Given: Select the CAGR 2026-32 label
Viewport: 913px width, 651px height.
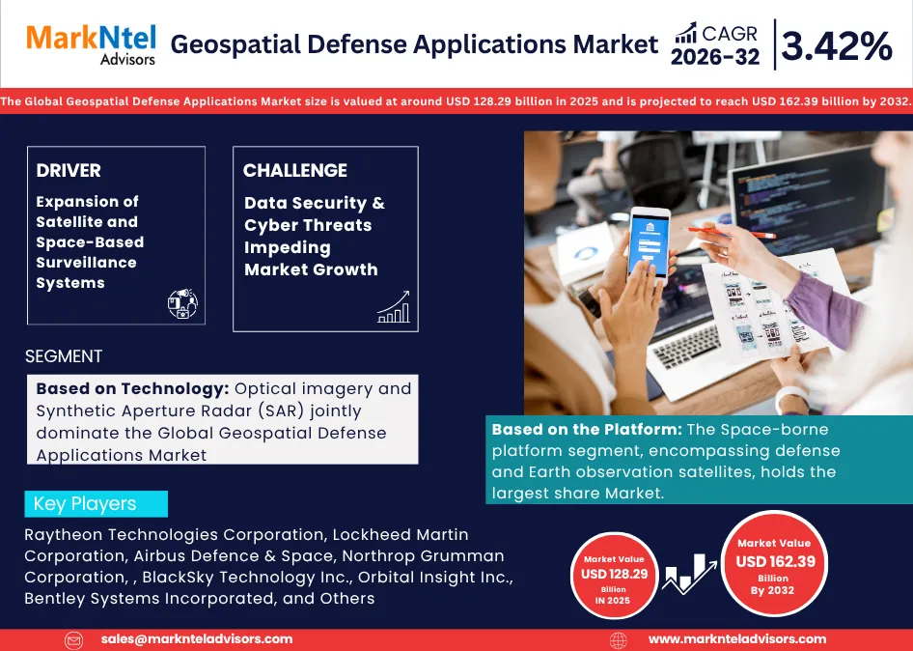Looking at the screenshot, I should click(715, 45).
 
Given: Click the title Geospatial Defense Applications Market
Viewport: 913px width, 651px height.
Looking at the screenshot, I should click(414, 44).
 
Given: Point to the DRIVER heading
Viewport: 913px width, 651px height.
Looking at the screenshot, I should click(69, 171).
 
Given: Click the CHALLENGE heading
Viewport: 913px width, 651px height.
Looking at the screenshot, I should click(295, 171).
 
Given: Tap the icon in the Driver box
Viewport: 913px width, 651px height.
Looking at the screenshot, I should click(182, 303).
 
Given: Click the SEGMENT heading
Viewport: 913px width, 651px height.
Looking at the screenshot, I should click(64, 356).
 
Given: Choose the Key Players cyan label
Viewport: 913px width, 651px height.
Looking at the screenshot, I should click(96, 504).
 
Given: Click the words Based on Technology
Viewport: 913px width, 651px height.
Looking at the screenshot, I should click(131, 388).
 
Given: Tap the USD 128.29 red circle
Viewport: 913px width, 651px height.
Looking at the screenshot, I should click(614, 574).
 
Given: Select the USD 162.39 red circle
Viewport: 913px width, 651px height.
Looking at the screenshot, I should click(775, 562).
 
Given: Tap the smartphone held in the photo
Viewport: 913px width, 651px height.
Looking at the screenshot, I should click(650, 241).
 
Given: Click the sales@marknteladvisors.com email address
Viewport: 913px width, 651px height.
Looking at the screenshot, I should click(197, 639).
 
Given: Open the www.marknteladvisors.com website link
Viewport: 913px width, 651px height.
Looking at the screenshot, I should click(736, 639).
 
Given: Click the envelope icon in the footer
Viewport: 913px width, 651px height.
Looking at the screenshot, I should click(74, 639).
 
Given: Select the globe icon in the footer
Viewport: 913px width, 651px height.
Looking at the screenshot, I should click(619, 639).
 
